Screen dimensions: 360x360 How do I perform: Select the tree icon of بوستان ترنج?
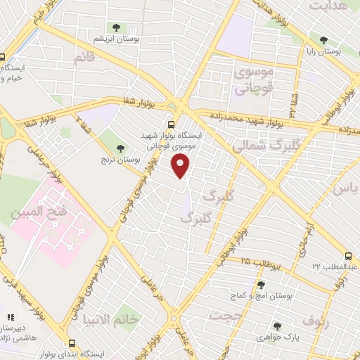(120, 148)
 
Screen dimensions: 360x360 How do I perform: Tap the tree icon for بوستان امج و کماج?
(261, 285)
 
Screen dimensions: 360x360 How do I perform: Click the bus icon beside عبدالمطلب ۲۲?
(349, 257)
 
